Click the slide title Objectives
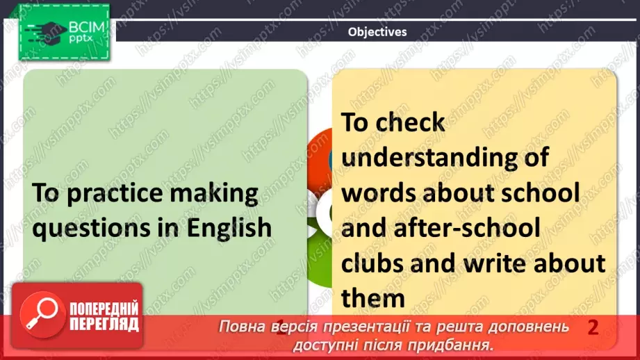click(x=377, y=32)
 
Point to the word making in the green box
click(x=220, y=193)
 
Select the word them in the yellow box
click(x=373, y=298)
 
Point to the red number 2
click(x=593, y=327)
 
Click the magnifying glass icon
click(x=40, y=313)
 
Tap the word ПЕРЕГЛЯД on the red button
click(x=104, y=324)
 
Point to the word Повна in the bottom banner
click(x=240, y=327)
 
